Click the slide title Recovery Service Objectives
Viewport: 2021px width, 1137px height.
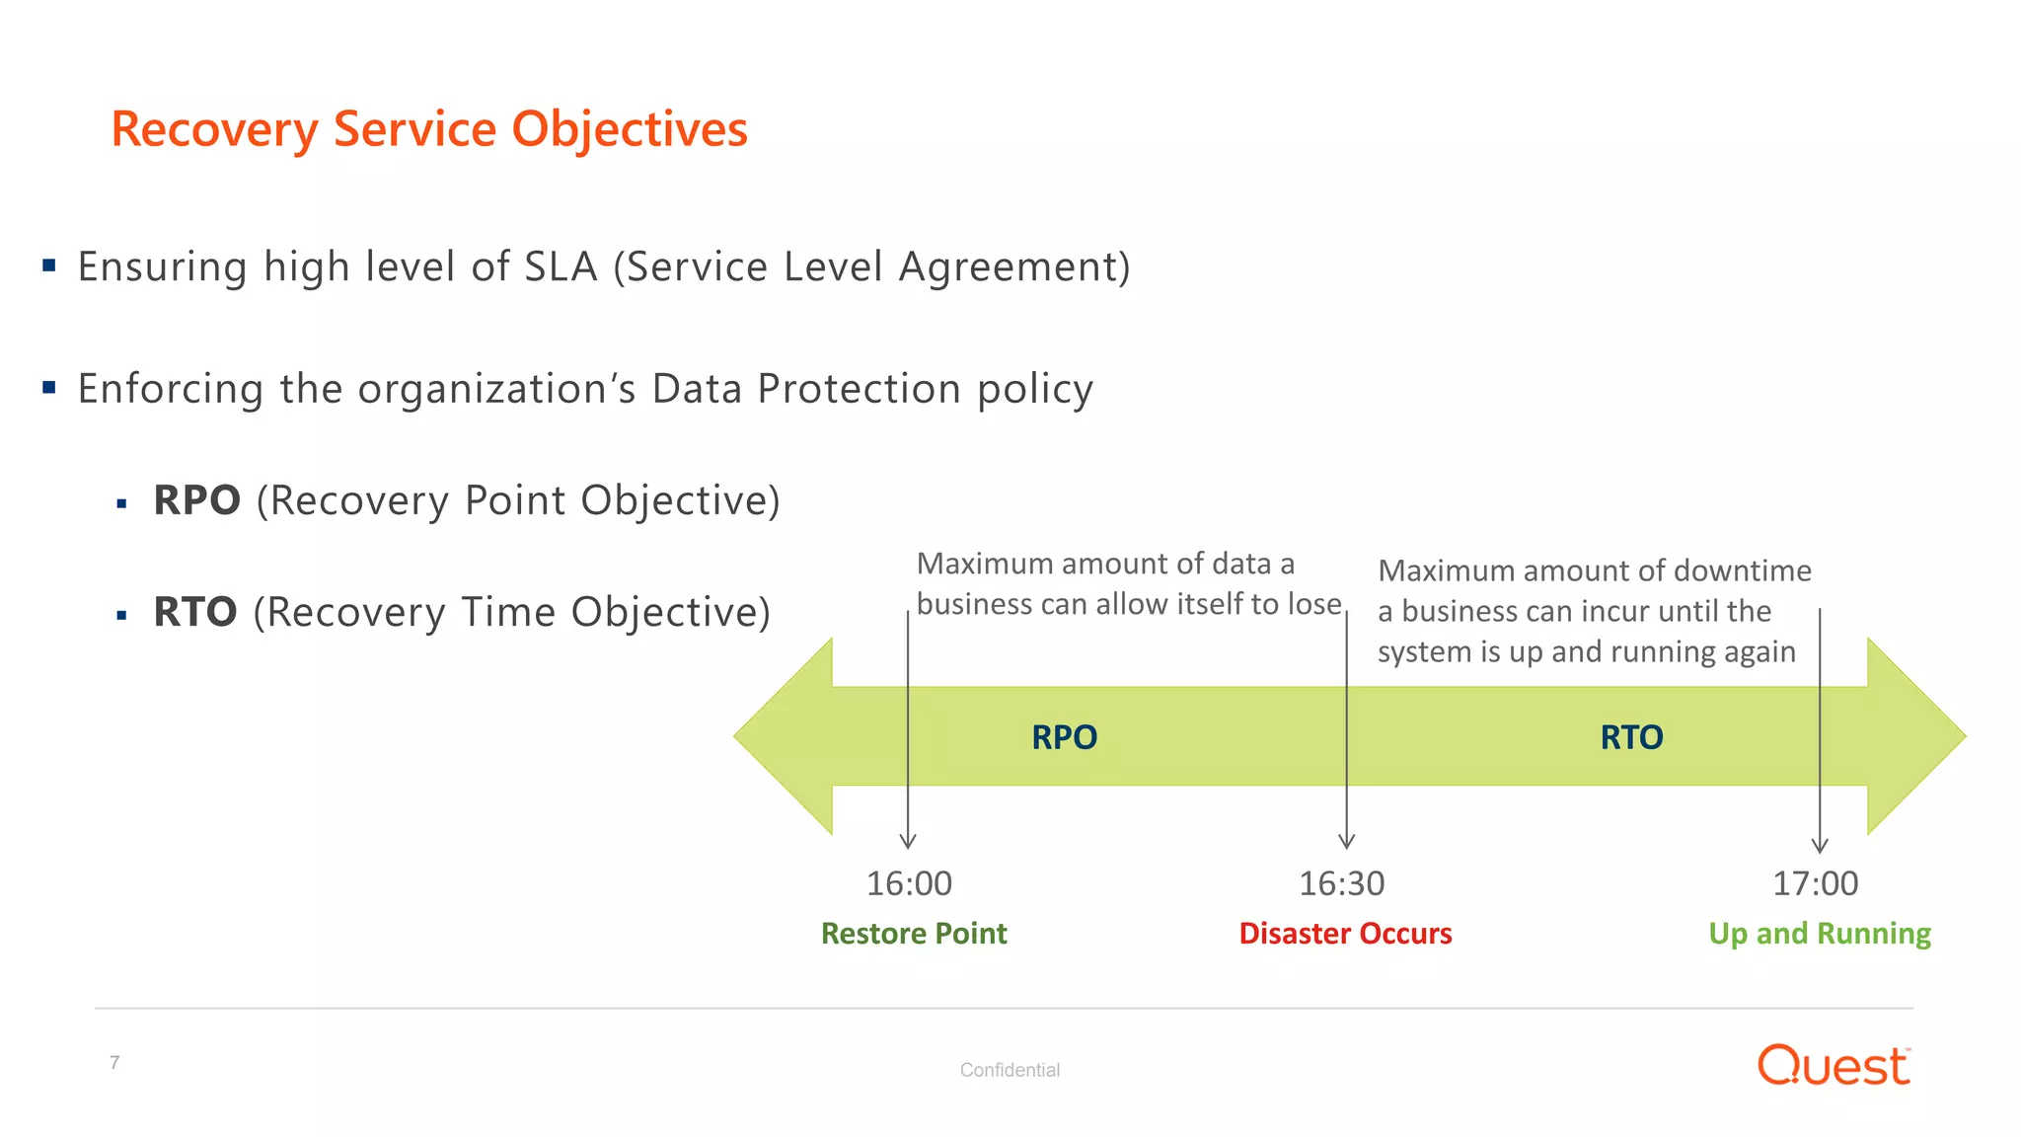tap(429, 129)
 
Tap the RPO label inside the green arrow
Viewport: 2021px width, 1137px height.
tap(1064, 737)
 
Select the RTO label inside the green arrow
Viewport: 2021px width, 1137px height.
tap(1631, 737)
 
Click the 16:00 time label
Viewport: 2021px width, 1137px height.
tap(909, 883)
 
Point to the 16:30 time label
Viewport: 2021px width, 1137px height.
tap(1341, 883)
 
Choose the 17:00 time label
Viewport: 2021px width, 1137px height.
tap(1815, 883)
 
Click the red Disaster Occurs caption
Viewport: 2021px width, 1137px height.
tap(1345, 934)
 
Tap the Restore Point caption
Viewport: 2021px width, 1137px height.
tap(914, 934)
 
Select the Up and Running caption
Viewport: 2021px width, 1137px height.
tap(1819, 934)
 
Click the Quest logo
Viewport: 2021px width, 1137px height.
tap(1834, 1066)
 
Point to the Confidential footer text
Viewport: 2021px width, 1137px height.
tap(1010, 1070)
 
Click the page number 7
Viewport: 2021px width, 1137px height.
tap(114, 1063)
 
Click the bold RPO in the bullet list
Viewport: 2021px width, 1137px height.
tap(196, 500)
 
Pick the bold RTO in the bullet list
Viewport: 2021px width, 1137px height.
tap(194, 612)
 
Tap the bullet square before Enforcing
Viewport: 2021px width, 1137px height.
tap(49, 388)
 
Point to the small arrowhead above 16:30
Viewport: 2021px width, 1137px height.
tap(1346, 842)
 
